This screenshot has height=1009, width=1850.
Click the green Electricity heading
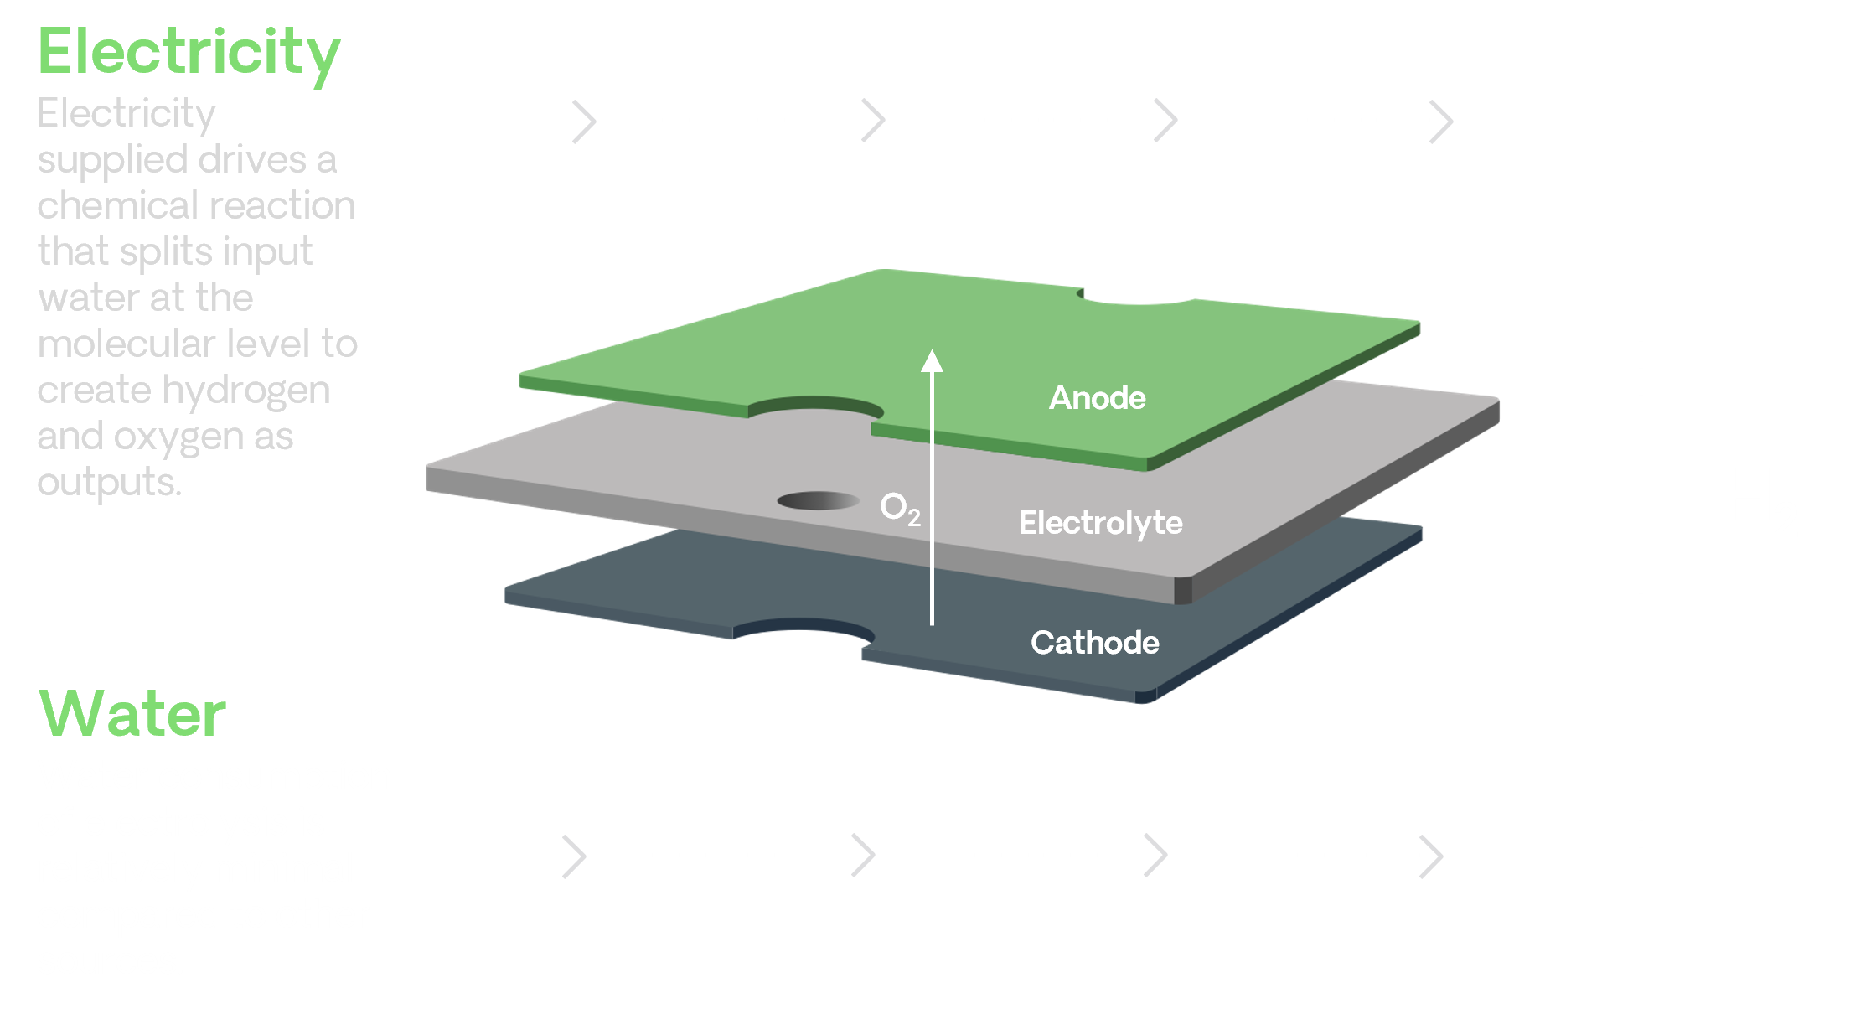(189, 52)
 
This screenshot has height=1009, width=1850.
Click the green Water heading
(132, 714)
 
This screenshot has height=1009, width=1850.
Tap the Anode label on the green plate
(1097, 398)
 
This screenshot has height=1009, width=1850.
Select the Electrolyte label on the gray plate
(1100, 523)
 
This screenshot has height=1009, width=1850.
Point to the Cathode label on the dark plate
(1094, 643)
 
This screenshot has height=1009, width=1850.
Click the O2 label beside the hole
(900, 508)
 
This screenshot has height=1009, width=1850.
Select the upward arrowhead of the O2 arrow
(932, 361)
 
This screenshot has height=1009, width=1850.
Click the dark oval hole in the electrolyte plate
(818, 500)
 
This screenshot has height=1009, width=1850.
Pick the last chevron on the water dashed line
(1433, 856)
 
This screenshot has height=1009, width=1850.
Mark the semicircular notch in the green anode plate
(815, 409)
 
